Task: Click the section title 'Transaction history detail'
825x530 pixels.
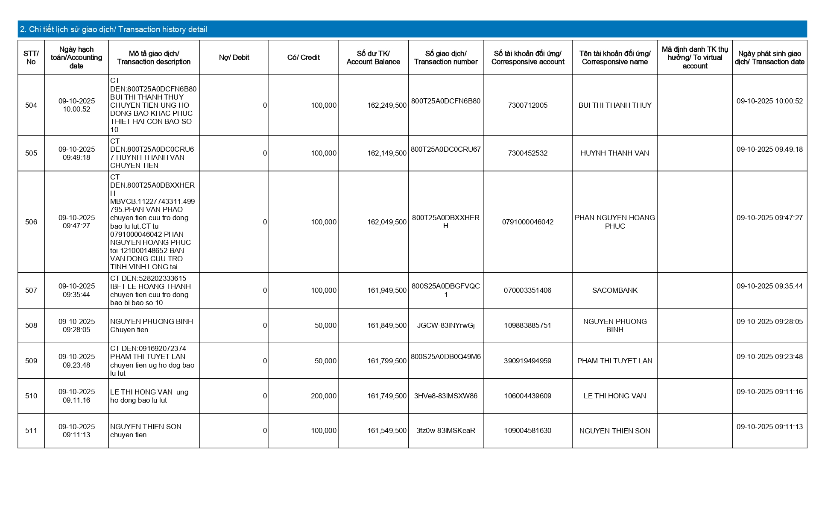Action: point(114,29)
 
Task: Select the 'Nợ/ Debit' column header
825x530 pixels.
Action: point(234,57)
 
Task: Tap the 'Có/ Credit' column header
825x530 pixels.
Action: point(303,57)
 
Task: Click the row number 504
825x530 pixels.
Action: point(31,105)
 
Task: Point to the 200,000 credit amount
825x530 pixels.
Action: point(323,396)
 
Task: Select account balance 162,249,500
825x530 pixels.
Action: point(386,105)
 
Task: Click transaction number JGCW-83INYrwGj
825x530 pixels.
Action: point(445,325)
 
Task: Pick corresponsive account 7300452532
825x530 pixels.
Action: point(527,153)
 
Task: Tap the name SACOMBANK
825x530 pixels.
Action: point(614,290)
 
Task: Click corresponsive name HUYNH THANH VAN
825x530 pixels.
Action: point(614,153)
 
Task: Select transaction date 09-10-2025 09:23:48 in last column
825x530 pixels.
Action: point(769,356)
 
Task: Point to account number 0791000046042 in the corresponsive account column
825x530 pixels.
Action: point(527,222)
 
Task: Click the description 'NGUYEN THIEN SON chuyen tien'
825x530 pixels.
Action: point(146,430)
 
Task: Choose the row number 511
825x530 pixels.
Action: point(31,430)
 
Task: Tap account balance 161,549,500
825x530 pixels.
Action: point(386,430)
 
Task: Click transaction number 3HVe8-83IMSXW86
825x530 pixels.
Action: point(445,396)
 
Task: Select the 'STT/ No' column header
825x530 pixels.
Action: point(31,57)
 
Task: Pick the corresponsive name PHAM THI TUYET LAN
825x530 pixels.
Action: point(614,361)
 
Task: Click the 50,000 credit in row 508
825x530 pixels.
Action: point(325,325)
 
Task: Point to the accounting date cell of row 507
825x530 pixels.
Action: point(76,290)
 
